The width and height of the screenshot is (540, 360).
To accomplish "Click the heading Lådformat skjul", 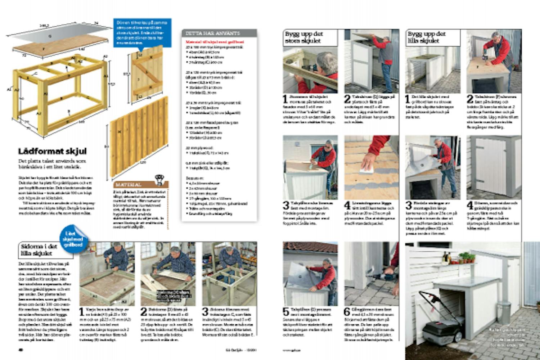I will [53, 151].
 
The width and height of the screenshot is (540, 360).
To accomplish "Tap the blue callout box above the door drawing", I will [142, 33].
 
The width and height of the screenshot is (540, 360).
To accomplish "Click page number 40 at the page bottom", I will [21, 349].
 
